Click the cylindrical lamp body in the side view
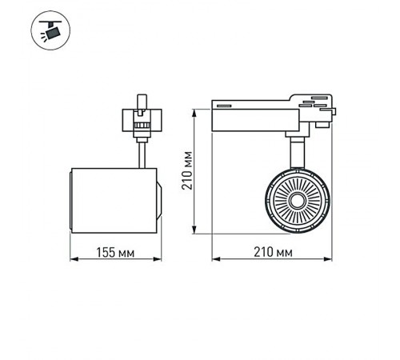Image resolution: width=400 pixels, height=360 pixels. (x=115, y=201)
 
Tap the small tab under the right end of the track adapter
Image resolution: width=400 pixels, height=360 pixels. (x=322, y=124)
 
